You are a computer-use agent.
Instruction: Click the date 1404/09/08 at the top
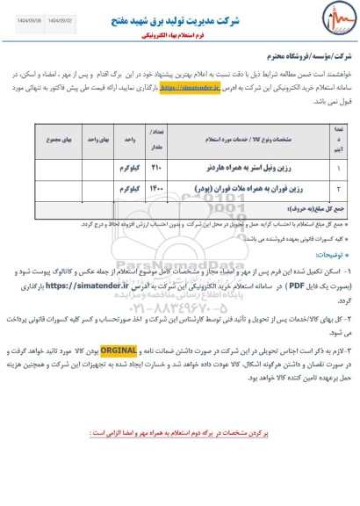pyautogui.click(x=25, y=8)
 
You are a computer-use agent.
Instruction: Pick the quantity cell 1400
pyautogui.click(x=158, y=186)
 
